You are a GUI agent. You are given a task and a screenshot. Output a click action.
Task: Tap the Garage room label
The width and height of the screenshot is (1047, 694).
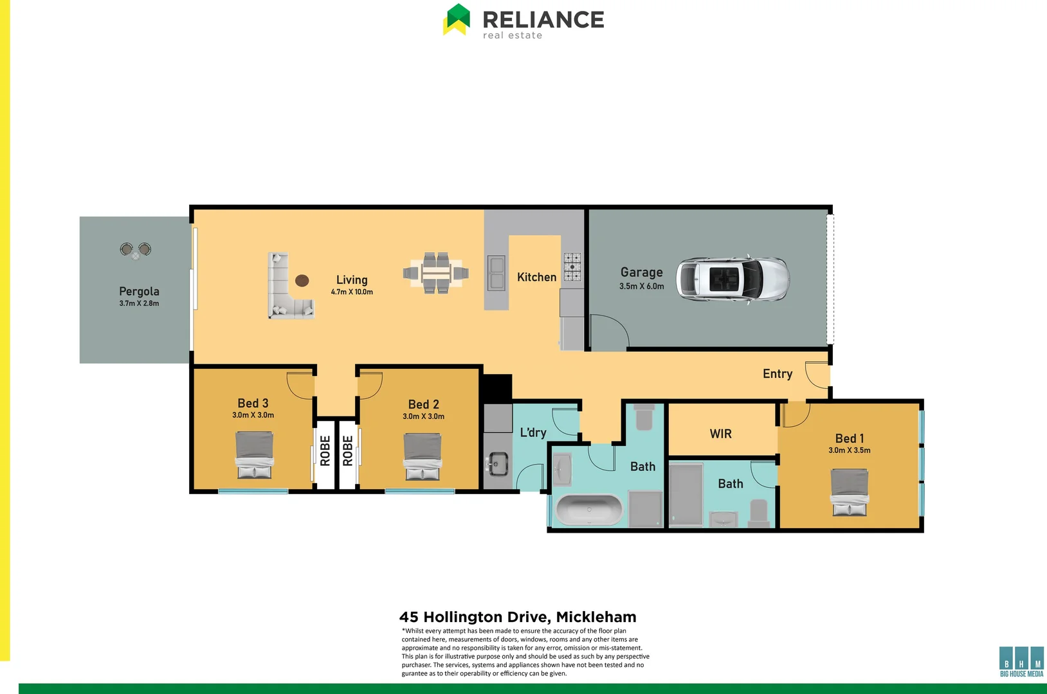641,272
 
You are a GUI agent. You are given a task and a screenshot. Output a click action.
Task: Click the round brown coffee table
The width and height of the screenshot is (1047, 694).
302,280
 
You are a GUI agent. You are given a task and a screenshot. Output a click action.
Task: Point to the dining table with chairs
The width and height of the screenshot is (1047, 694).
436,273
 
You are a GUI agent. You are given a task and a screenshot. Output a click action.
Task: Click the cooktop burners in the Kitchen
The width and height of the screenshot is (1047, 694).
572,267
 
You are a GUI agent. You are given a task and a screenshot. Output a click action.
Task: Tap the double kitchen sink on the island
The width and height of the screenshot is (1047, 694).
496,273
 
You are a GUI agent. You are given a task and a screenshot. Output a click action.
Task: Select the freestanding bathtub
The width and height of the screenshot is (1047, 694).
588,510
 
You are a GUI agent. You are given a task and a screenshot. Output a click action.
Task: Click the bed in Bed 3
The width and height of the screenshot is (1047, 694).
254,455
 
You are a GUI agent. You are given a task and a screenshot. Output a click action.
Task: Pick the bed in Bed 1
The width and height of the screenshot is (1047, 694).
849,492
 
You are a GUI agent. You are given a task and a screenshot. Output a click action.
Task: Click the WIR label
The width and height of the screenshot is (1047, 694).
720,434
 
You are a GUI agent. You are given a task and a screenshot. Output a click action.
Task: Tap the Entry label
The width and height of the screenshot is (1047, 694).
777,374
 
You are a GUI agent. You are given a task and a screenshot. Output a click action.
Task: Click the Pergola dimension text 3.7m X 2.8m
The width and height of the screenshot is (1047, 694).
139,303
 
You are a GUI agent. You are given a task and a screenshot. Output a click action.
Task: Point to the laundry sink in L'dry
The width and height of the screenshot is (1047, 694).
496,463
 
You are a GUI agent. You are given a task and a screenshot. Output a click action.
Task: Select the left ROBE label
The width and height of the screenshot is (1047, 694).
325,450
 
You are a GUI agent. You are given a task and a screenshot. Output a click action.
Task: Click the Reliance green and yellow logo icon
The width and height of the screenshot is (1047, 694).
457,19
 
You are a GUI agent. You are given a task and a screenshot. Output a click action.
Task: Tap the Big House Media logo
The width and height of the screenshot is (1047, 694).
1021,661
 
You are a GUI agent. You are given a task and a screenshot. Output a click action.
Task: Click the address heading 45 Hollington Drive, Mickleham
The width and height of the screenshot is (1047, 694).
518,617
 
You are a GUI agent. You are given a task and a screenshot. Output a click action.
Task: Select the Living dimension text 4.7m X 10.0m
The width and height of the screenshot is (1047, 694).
352,292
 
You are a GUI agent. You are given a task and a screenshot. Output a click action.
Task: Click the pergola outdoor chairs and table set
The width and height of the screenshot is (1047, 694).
136,250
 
